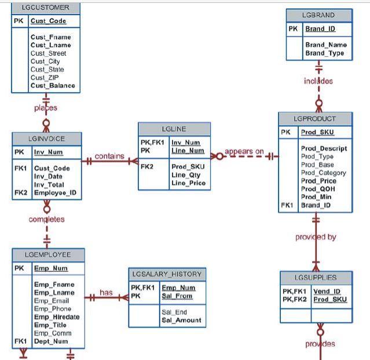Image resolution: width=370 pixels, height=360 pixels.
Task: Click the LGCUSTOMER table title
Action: click(x=45, y=8)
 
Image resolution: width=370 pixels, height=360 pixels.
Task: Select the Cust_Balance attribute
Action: click(x=53, y=86)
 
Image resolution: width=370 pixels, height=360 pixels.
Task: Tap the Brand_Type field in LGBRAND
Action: click(x=325, y=53)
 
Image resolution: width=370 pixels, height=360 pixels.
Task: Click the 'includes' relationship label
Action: click(x=318, y=81)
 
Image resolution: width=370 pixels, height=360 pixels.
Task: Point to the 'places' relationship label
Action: click(x=46, y=108)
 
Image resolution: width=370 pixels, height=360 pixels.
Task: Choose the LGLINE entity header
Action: click(x=174, y=128)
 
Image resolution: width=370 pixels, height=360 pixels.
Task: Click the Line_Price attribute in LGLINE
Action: click(x=188, y=183)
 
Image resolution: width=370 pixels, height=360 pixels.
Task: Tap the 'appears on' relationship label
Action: click(x=244, y=152)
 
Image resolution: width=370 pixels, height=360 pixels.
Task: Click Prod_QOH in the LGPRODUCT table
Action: click(x=318, y=189)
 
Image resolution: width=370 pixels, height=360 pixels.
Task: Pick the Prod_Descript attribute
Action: click(x=324, y=148)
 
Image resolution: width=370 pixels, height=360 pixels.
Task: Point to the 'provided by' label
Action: click(x=316, y=237)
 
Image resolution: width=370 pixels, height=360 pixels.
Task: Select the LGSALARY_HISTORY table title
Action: click(x=167, y=274)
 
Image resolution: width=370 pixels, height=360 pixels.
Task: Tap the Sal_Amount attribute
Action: click(x=181, y=320)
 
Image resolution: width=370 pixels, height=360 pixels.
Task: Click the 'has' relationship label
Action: click(x=106, y=293)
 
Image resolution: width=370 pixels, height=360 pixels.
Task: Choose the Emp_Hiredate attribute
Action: click(x=57, y=317)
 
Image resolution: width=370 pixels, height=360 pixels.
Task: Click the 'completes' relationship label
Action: click(x=46, y=220)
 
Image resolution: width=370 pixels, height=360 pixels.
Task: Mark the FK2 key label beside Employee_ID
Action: click(x=21, y=192)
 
